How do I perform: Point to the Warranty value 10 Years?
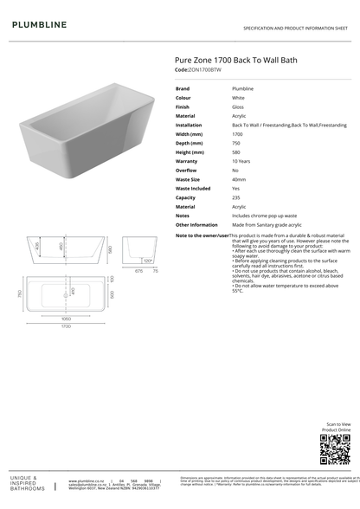click(242, 161)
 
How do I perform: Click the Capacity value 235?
click(236, 197)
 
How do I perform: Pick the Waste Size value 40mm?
click(239, 179)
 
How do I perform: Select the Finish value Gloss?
click(238, 106)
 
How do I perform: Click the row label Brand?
click(183, 88)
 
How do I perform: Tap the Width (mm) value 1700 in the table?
click(237, 134)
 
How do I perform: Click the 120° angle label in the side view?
click(148, 261)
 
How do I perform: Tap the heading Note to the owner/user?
click(202, 235)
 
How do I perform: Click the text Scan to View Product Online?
click(337, 427)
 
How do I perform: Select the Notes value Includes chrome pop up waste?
click(264, 216)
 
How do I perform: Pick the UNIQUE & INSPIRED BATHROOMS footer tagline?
click(29, 483)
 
